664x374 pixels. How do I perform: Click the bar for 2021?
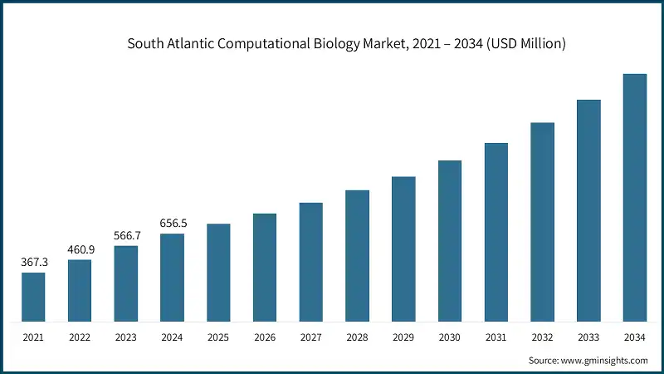click(x=33, y=297)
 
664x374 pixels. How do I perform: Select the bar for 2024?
click(x=172, y=278)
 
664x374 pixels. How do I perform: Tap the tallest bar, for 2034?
click(x=635, y=198)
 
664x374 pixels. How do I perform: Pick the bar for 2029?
click(x=403, y=249)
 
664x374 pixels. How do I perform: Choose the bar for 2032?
click(x=542, y=222)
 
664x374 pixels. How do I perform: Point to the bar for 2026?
click(x=265, y=268)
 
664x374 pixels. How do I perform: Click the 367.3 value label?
click(x=33, y=262)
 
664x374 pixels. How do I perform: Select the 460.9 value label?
click(x=80, y=249)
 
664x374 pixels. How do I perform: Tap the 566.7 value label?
click(x=126, y=235)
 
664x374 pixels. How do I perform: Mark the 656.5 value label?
click(x=172, y=223)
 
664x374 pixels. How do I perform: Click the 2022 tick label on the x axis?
click(x=80, y=338)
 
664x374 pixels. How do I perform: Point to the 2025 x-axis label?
click(x=218, y=338)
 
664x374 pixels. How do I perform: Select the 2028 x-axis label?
click(x=357, y=338)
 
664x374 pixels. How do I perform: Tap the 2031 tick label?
click(x=496, y=338)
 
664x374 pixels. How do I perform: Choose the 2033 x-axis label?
click(x=588, y=338)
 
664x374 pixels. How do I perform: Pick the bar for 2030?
click(x=450, y=241)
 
